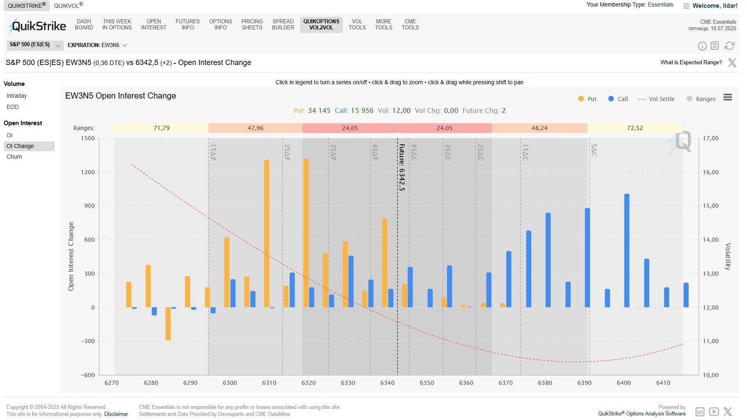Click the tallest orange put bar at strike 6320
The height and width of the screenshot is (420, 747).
306,233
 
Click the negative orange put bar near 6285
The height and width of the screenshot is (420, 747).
168,323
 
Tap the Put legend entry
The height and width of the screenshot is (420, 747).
588,99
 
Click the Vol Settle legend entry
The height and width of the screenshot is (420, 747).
656,99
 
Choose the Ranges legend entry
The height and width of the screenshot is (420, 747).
701,99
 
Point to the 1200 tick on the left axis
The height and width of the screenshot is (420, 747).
88,172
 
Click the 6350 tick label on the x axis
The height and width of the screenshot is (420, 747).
427,383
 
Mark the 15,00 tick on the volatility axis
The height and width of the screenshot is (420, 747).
711,206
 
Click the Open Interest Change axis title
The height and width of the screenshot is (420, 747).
71,256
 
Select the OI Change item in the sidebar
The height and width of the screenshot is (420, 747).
20,146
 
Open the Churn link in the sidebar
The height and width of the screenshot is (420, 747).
14,157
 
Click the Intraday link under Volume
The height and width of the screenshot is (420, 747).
17,96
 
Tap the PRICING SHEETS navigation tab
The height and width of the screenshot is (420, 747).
252,25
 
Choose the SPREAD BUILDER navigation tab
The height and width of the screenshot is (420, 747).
283,25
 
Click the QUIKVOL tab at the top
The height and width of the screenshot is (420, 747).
68,6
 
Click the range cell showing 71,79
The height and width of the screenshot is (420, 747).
161,128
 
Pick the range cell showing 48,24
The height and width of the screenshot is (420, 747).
539,128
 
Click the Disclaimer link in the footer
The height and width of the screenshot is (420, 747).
116,414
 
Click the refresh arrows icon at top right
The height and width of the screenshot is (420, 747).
729,46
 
